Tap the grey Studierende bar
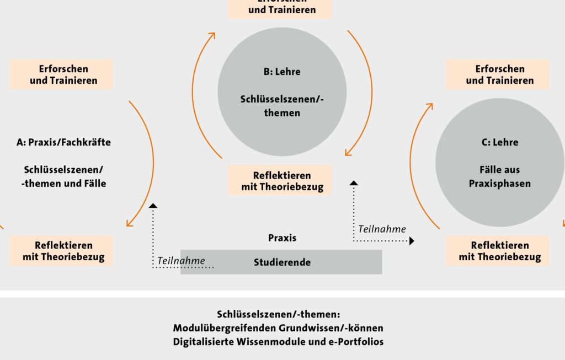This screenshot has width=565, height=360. point(281,262)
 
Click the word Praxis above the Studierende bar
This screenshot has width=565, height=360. point(282,238)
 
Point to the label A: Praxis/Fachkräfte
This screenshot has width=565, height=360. point(63,142)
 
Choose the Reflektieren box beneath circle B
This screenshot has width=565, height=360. point(280,180)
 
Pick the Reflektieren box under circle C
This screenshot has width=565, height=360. point(497,251)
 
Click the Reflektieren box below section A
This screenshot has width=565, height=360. point(61,251)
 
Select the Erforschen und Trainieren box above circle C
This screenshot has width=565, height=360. point(497,74)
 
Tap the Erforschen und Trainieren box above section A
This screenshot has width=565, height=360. point(61,74)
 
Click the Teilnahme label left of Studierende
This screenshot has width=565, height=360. point(181,261)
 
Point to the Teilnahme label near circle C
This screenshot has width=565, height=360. point(382,229)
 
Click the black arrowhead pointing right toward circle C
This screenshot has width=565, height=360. point(412,241)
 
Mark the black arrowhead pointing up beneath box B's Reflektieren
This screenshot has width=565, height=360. point(354,182)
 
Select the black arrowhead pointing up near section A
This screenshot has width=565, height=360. point(153,205)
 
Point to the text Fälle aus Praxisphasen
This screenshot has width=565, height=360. point(499,176)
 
